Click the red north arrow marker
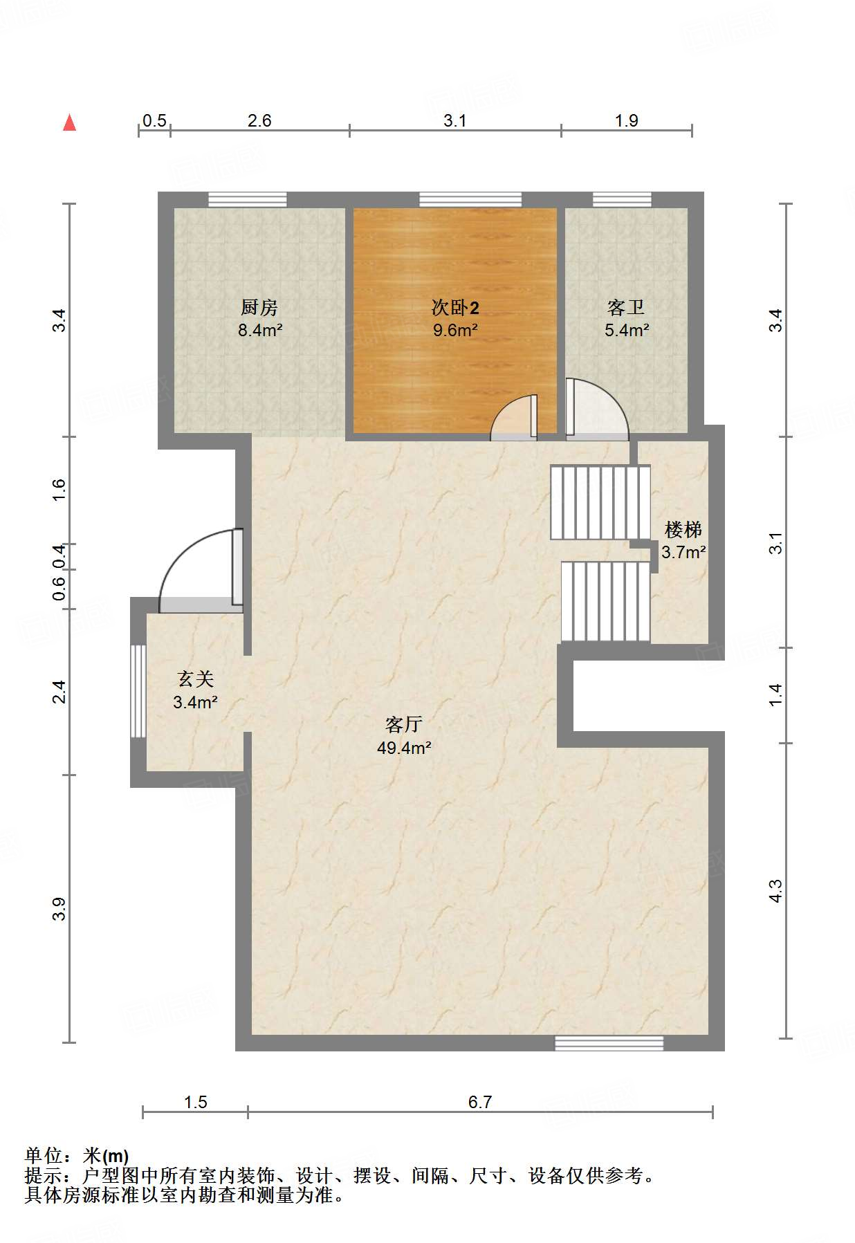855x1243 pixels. tap(69, 122)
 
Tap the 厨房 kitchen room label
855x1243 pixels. tap(259, 307)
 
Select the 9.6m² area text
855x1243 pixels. tap(456, 330)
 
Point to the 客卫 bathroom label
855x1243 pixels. tap(626, 307)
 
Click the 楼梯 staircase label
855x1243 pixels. tap(683, 530)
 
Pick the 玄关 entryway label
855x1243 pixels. tap(196, 679)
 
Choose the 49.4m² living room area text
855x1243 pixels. tap(404, 748)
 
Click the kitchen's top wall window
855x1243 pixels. tap(248, 200)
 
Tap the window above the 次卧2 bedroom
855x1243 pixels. tap(470, 200)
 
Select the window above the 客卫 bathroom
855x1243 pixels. tap(622, 200)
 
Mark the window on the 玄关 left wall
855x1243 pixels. tap(138, 691)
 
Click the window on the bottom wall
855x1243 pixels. tap(609, 1043)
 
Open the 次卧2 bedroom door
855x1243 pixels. tap(514, 418)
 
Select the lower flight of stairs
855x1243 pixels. tap(605, 602)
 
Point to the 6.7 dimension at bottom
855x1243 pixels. tap(480, 1102)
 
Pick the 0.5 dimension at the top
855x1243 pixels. tap(154, 120)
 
